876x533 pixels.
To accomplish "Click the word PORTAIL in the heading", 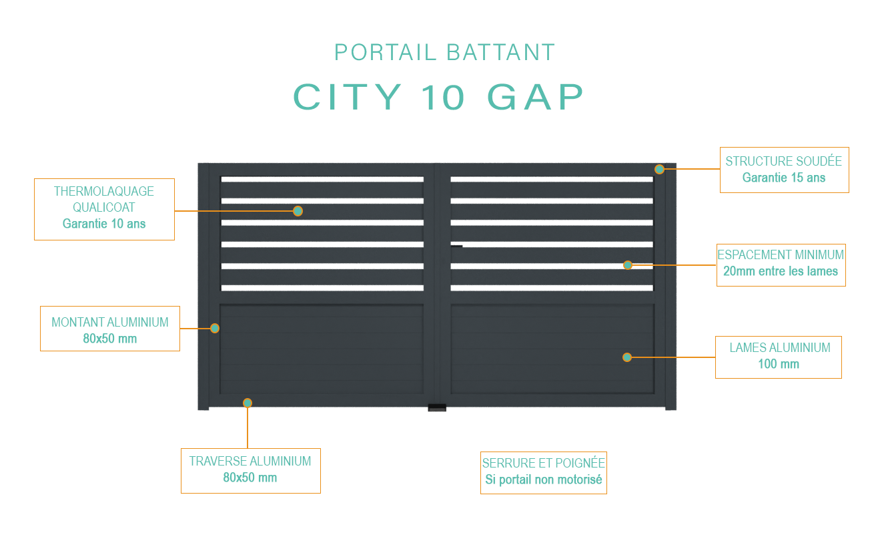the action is (x=385, y=53).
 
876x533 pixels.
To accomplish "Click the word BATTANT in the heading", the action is (x=500, y=53).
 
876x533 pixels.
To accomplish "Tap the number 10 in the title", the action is (x=443, y=97).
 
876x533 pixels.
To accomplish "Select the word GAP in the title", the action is (x=535, y=97).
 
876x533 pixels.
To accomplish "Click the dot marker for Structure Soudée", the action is (x=659, y=169).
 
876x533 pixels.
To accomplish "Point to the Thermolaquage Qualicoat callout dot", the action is (x=298, y=211).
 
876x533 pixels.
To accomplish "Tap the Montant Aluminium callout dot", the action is (x=215, y=328).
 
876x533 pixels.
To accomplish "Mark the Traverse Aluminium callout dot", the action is (x=248, y=403).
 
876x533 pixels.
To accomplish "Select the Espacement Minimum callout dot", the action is (x=628, y=265).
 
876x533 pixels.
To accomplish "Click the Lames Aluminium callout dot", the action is (x=627, y=357).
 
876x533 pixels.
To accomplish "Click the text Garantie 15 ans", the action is (x=784, y=178).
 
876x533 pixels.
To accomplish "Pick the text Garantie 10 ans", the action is (x=104, y=224).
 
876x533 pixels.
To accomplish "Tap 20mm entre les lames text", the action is (x=781, y=271).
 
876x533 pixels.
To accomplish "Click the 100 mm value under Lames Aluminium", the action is (x=779, y=364).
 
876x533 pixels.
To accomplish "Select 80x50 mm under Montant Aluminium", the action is (x=110, y=339).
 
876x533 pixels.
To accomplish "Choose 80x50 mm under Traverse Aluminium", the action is (x=250, y=478).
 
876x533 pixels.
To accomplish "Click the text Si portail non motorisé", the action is (x=544, y=480).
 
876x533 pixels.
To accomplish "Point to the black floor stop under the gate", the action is (x=437, y=407).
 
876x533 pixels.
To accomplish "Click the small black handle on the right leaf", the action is (x=457, y=246).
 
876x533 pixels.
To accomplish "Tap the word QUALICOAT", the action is (x=104, y=207).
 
